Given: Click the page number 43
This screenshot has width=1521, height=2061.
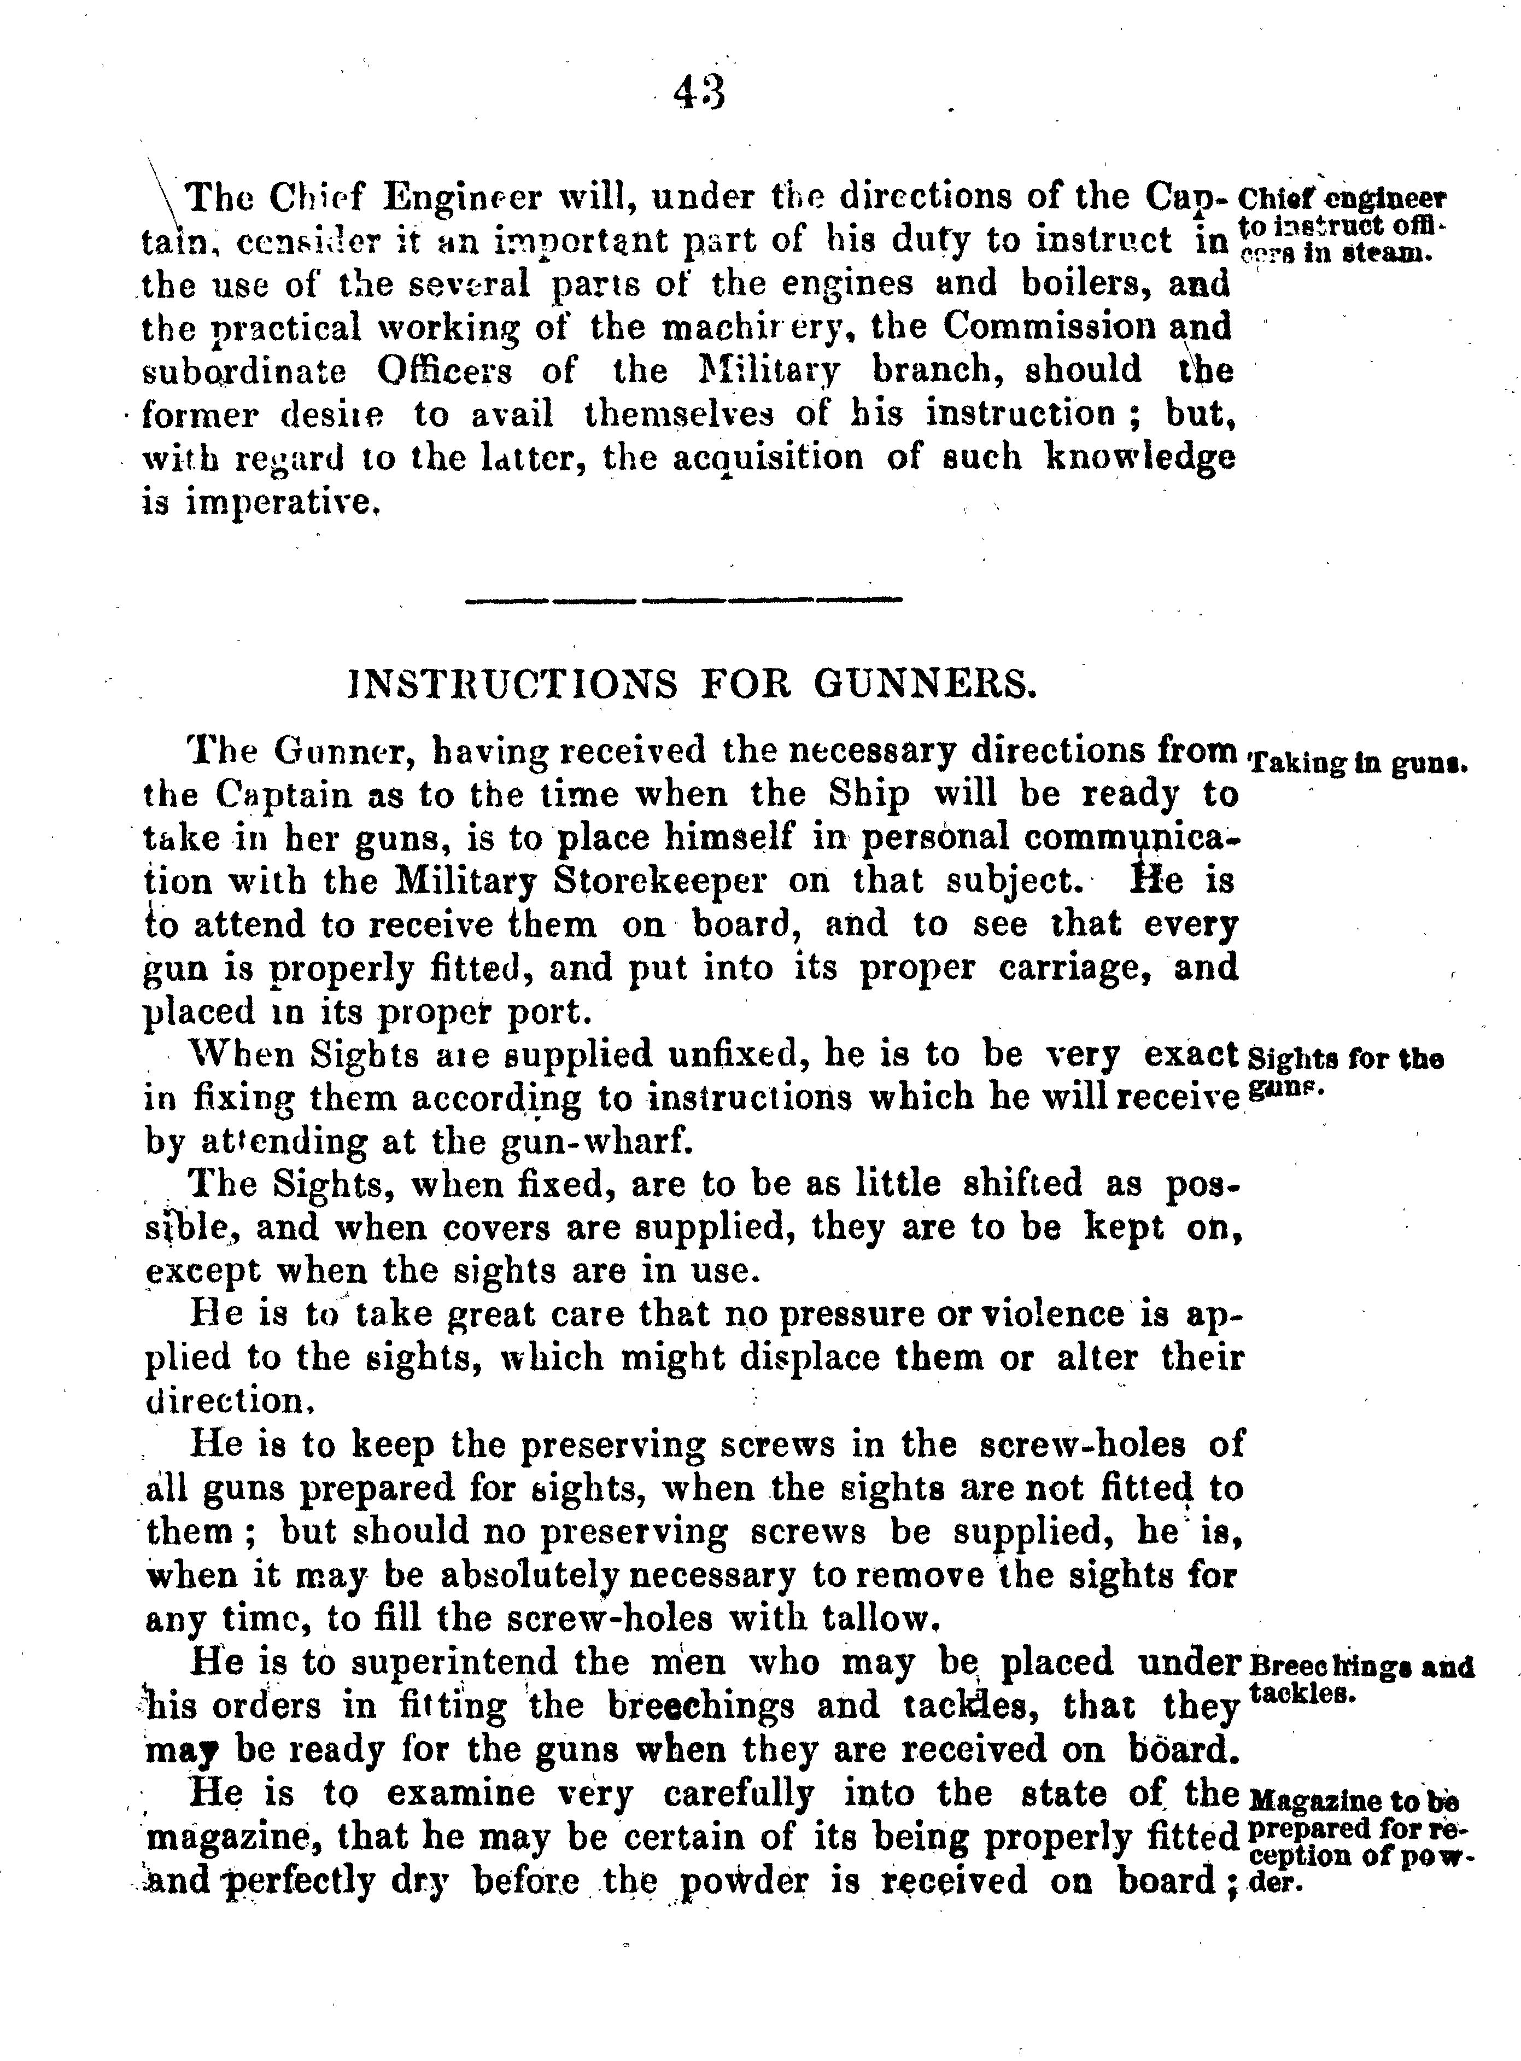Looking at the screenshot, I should point(700,92).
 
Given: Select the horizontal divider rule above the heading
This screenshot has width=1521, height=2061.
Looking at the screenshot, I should point(684,601).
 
